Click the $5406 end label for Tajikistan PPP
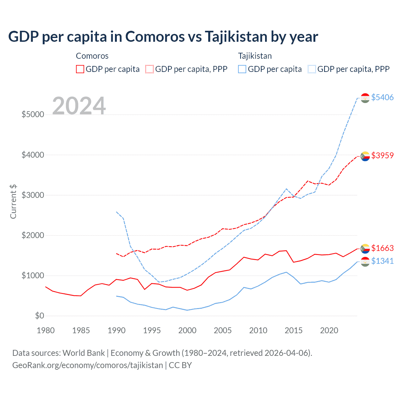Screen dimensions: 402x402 point(382,97)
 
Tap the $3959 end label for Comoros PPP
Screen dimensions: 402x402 point(382,155)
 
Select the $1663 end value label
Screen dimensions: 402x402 point(382,248)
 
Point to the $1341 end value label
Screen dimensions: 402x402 point(382,261)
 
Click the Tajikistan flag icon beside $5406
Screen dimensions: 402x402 point(365,98)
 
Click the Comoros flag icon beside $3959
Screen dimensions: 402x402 point(365,156)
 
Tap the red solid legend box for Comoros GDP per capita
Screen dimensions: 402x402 point(80,69)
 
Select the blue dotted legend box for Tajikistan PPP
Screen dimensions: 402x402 point(312,69)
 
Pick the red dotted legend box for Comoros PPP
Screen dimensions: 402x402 point(149,69)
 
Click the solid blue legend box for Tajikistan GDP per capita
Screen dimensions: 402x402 point(242,69)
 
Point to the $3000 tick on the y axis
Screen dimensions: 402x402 point(33,195)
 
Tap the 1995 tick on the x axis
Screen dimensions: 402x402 point(152,330)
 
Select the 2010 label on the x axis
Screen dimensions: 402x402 point(258,330)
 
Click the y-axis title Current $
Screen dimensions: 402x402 point(13,202)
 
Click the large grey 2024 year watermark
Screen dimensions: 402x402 point(79,106)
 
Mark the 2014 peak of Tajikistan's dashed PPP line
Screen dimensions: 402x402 point(286,189)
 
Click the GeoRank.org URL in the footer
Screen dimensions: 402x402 point(88,365)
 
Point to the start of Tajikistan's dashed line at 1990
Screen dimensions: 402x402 point(117,212)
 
